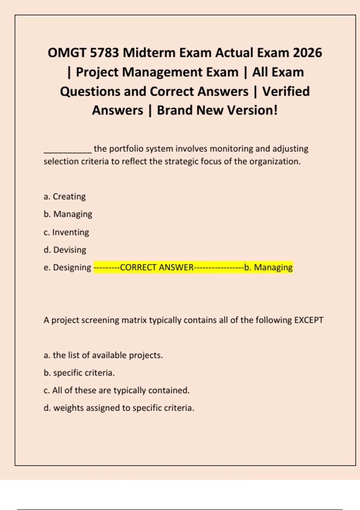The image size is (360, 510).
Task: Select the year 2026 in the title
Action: tap(307, 53)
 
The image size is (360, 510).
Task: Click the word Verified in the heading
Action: tap(286, 91)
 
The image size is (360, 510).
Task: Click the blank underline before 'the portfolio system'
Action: tap(67, 150)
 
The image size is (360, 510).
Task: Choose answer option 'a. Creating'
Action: tap(64, 196)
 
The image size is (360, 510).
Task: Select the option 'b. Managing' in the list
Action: tap(68, 214)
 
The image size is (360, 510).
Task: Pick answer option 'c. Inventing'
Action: tap(66, 232)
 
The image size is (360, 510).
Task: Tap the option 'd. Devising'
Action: tap(65, 250)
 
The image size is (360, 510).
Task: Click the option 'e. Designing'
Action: tap(67, 267)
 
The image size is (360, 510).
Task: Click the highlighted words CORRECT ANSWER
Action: tap(157, 267)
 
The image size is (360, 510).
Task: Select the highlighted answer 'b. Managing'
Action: tap(268, 267)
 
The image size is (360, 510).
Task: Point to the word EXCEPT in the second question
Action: tap(309, 320)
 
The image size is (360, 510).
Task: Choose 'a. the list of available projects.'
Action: tap(103, 355)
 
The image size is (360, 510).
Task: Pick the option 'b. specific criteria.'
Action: tap(79, 373)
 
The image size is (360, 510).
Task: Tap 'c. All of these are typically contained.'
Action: tap(116, 390)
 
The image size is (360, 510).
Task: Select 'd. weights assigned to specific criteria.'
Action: tap(119, 408)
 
